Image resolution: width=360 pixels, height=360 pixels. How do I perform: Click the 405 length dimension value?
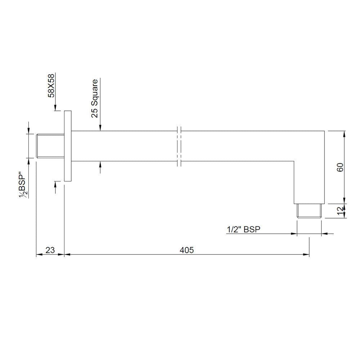tap(187, 250)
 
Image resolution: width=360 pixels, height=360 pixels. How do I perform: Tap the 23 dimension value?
tap(50, 250)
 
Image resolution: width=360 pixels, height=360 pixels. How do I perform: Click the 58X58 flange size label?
tap(51, 85)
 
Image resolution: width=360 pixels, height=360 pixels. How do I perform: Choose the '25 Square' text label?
tap(94, 98)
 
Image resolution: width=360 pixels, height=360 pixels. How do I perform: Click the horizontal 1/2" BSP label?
tap(243, 229)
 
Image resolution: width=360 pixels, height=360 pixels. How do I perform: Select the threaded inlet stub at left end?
tap(50, 146)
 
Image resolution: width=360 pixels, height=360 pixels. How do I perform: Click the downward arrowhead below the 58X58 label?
tap(55, 108)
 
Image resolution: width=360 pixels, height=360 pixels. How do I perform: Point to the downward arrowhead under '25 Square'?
tap(100, 127)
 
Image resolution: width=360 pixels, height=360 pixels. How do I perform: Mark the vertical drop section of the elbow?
tap(310, 180)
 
